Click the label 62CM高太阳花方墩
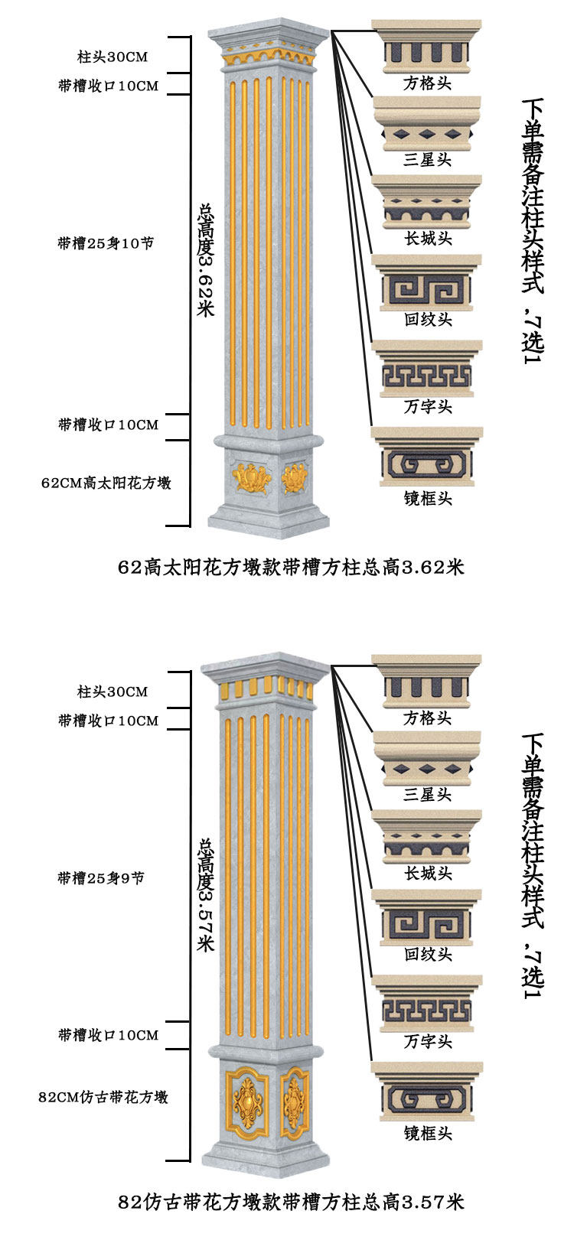tap(106, 483)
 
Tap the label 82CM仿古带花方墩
tap(103, 1097)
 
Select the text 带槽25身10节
tap(106, 243)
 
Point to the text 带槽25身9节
tap(101, 878)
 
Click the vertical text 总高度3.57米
tap(206, 894)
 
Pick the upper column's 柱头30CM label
tap(112, 57)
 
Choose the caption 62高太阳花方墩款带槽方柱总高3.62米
tap(291, 568)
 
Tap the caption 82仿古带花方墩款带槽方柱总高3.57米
tap(291, 1202)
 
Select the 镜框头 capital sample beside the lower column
tap(427, 1092)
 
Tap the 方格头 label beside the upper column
tap(428, 83)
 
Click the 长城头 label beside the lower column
tap(428, 874)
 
